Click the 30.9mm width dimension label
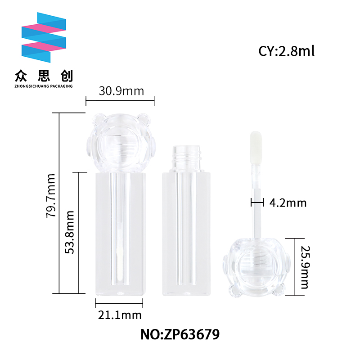(x=121, y=91)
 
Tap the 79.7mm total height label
(x=51, y=196)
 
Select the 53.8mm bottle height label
(x=70, y=232)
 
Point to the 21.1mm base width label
(x=120, y=315)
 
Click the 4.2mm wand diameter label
(x=288, y=203)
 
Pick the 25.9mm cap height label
(x=306, y=267)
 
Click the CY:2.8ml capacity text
(x=286, y=51)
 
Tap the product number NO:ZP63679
(x=180, y=334)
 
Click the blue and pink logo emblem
(x=44, y=37)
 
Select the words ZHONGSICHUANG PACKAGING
(x=44, y=86)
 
